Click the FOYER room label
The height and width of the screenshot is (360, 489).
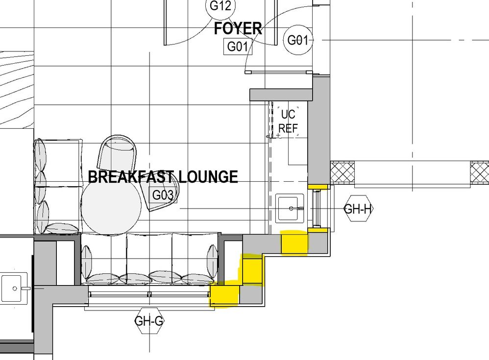[238, 29]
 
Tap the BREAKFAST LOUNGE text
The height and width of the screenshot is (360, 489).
[163, 177]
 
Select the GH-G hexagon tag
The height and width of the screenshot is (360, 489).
[149, 321]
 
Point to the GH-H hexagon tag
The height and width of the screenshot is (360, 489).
[358, 209]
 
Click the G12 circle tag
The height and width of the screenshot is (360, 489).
[220, 6]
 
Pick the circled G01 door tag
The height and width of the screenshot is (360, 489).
[297, 40]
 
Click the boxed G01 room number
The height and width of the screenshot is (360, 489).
[238, 47]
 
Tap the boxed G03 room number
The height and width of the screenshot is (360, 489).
[163, 195]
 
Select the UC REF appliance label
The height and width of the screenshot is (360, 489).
[288, 121]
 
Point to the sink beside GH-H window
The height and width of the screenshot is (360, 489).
[290, 208]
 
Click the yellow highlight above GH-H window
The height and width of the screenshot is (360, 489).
[318, 187]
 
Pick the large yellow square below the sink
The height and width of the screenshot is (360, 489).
[294, 243]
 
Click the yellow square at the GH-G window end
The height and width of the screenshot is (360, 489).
[224, 295]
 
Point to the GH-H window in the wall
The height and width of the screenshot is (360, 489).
[317, 209]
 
